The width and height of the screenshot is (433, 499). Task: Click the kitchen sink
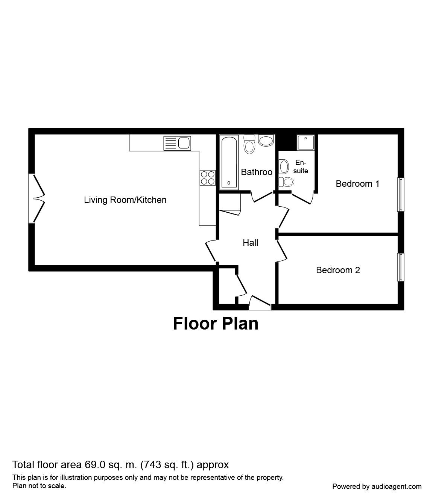(x=177, y=143)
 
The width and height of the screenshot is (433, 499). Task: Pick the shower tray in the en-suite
(x=305, y=142)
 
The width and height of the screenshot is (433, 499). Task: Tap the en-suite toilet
(x=287, y=182)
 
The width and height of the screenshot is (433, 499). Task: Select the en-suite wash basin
(x=283, y=165)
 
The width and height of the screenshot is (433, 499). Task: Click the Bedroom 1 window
(x=401, y=194)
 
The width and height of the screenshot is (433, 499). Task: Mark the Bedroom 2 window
(x=401, y=267)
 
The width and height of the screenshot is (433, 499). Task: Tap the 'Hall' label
(x=251, y=243)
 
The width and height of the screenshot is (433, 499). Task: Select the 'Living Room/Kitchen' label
(x=125, y=200)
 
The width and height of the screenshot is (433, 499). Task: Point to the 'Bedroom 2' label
(x=338, y=270)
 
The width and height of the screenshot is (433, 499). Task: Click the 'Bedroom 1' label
(x=357, y=183)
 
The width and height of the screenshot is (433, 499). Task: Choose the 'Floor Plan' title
(x=216, y=324)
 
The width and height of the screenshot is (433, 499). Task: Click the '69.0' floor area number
(x=94, y=465)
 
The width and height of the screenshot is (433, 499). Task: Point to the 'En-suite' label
(x=301, y=166)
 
